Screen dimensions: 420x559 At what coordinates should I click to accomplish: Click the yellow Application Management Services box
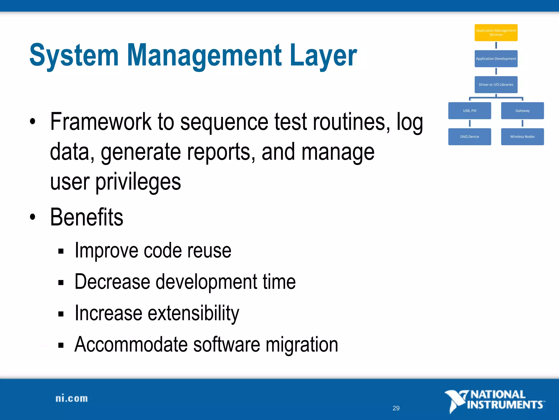click(x=496, y=33)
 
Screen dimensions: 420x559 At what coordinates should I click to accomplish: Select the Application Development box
click(x=496, y=59)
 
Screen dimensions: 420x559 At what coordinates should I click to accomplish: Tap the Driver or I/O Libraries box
click(x=496, y=84)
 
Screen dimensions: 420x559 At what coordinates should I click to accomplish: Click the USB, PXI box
click(x=469, y=110)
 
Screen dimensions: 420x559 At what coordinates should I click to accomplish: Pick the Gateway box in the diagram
click(x=522, y=110)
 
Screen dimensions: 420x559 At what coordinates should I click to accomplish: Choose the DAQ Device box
click(x=469, y=136)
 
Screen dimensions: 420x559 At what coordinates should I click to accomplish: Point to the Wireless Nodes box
click(x=522, y=136)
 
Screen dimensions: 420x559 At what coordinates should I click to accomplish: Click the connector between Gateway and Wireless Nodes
click(x=522, y=124)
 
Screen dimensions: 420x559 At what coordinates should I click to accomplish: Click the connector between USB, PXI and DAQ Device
click(x=470, y=124)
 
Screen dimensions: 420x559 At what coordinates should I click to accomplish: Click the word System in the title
click(x=74, y=56)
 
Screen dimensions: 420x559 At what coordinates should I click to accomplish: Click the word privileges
click(x=138, y=182)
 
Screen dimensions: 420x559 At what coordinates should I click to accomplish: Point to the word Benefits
click(x=87, y=217)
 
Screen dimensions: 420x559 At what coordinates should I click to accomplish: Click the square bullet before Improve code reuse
click(x=61, y=251)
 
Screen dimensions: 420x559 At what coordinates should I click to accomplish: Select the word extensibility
click(x=193, y=313)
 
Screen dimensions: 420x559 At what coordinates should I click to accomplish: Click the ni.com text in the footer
click(x=72, y=398)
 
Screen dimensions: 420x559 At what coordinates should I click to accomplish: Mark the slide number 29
click(x=396, y=408)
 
